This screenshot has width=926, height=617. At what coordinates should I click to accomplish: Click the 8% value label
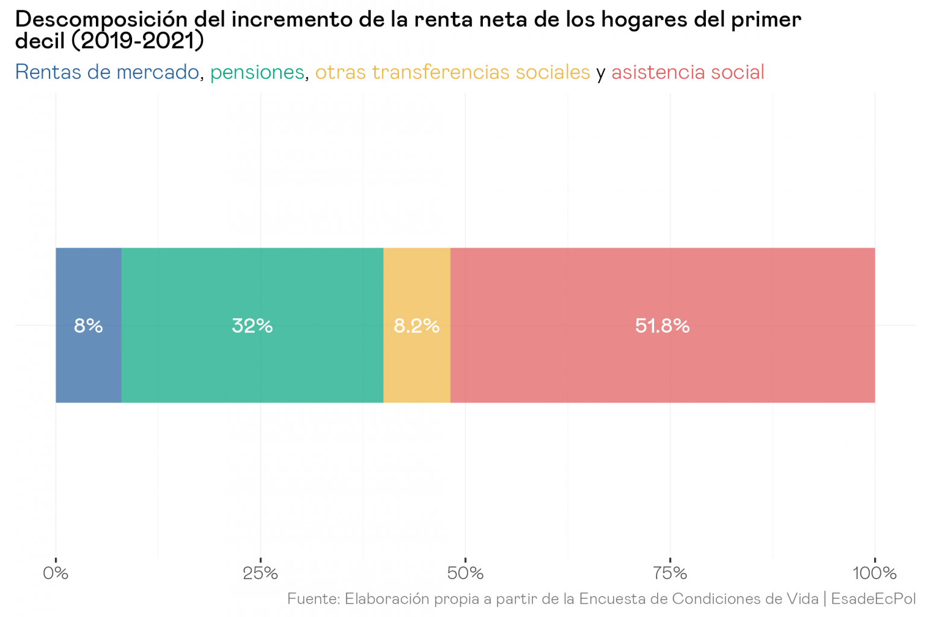pyautogui.click(x=89, y=326)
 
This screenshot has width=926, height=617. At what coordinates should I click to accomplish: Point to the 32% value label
pyautogui.click(x=252, y=326)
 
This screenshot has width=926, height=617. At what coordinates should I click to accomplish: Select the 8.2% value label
pyautogui.click(x=417, y=326)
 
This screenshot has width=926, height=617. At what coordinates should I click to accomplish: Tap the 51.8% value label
pyautogui.click(x=662, y=326)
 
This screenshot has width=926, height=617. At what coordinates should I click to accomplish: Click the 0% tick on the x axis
pyautogui.click(x=55, y=573)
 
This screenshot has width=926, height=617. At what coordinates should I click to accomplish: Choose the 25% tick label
pyautogui.click(x=260, y=573)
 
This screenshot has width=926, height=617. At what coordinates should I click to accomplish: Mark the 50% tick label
pyautogui.click(x=465, y=573)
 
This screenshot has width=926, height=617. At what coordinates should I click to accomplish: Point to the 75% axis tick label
pyautogui.click(x=670, y=573)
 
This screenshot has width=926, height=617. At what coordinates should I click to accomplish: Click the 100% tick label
pyautogui.click(x=874, y=573)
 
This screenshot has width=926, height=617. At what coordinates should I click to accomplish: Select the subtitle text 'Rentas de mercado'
pyautogui.click(x=107, y=72)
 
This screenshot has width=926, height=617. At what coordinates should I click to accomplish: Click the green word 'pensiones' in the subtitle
pyautogui.click(x=257, y=72)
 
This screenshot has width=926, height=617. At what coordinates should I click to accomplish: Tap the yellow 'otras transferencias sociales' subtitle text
pyautogui.click(x=452, y=72)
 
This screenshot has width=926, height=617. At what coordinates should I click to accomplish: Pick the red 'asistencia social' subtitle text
pyautogui.click(x=687, y=72)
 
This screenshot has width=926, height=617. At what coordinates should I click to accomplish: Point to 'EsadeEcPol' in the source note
pyautogui.click(x=873, y=599)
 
